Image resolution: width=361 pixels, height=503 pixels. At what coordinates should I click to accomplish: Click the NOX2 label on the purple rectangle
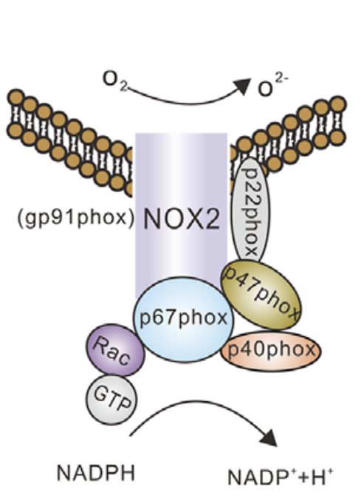point(182,219)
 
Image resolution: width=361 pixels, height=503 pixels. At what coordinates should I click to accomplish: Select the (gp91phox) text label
point(75,218)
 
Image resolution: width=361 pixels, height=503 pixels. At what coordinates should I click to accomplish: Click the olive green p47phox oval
point(261,295)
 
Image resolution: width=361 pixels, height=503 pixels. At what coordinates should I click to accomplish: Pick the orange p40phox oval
point(271,351)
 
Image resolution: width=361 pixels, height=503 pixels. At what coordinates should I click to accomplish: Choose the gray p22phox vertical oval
point(251,210)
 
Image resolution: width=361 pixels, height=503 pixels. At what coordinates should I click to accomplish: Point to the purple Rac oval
point(115,349)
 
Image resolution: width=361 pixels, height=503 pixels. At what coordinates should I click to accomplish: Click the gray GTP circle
point(111,400)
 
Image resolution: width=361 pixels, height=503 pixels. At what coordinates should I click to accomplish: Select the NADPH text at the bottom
point(96,473)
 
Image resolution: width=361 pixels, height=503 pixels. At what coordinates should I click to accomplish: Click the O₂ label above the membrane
point(114,80)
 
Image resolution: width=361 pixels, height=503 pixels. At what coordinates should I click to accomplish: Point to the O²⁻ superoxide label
point(273,84)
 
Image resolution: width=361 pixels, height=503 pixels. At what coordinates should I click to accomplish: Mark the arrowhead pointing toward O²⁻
point(243,86)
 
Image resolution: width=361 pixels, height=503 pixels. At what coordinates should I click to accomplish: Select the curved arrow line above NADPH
point(199,405)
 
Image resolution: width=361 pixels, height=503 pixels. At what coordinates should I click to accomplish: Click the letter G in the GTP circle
point(100,393)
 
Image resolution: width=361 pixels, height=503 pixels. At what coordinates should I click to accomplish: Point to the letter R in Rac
point(100,344)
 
